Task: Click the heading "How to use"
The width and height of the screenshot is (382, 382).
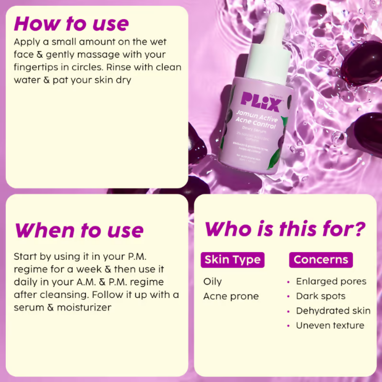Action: (71, 24)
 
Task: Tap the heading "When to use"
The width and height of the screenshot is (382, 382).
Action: (79, 230)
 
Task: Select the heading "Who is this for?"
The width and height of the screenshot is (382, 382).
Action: (285, 229)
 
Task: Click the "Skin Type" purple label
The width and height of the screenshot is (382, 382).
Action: (232, 260)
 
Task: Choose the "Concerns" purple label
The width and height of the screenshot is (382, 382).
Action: (321, 260)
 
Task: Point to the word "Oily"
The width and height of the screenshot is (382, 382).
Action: (212, 282)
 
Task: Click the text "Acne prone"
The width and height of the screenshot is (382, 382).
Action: (231, 296)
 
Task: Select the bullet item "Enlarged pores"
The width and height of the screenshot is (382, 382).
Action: (331, 282)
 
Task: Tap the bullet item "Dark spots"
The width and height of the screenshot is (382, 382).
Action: (320, 296)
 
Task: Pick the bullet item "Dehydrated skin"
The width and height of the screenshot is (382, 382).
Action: (333, 311)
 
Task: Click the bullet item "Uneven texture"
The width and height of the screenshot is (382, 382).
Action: (330, 325)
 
